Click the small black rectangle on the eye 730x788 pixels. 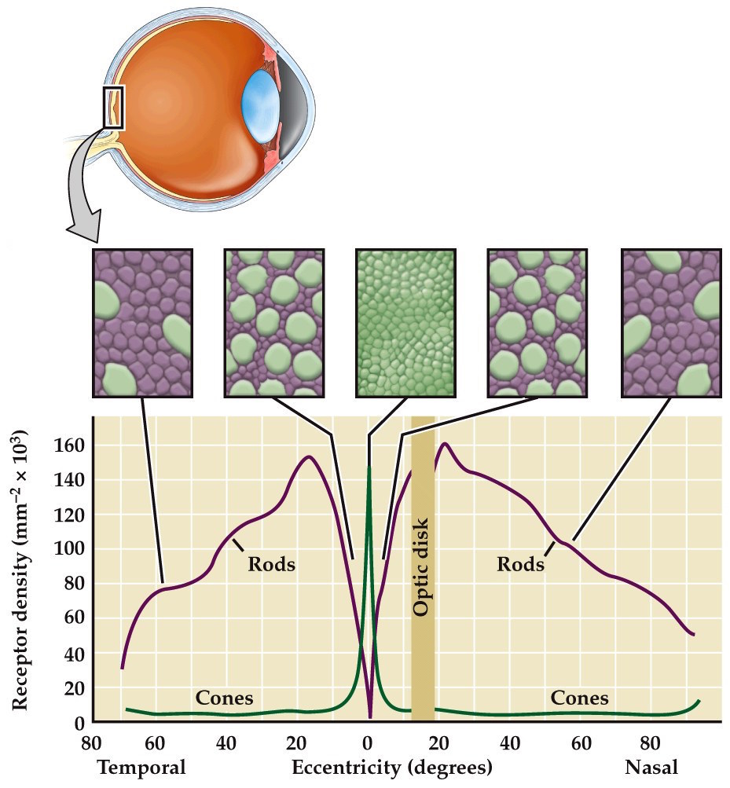tap(113, 107)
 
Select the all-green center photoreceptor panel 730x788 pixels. tap(405, 322)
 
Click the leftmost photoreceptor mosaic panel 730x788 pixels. tap(141, 322)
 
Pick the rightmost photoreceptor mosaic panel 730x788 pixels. tap(670, 322)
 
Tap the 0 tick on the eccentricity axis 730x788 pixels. tap(367, 742)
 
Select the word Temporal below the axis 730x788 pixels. tap(141, 767)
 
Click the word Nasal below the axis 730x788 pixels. tap(651, 767)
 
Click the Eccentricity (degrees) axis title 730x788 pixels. tap(392, 767)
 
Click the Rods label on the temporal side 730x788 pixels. tap(271, 564)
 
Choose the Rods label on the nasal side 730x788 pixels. tap(520, 564)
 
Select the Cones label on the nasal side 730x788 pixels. tap(579, 698)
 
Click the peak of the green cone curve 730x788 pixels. tap(369, 469)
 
